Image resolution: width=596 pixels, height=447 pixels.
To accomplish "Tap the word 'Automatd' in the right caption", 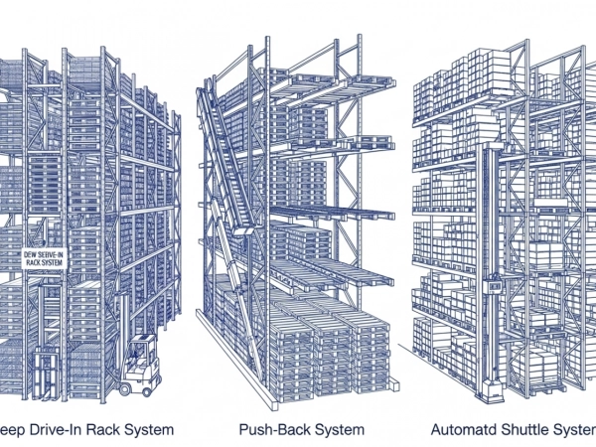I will click(464, 430).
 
